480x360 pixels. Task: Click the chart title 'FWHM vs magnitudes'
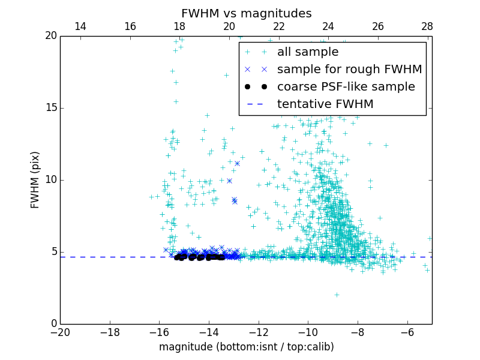246,13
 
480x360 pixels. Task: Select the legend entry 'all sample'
308,52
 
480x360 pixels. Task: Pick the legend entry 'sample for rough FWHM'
349,70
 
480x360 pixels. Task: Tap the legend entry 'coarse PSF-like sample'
346,87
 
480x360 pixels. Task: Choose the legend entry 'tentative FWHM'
325,104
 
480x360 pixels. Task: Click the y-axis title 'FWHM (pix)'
35,180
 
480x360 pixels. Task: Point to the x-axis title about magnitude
246,347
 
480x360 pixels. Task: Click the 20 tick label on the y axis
50,36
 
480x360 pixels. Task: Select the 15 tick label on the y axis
50,108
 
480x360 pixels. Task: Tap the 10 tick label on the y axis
50,180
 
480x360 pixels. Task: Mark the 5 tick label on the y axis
53,252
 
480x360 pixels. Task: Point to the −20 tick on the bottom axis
60,332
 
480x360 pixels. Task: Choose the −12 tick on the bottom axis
259,332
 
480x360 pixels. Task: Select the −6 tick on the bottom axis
407,332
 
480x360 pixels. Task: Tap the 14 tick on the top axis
80,27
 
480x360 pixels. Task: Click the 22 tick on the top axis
278,27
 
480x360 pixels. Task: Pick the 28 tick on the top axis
427,27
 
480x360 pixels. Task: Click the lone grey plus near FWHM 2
337,295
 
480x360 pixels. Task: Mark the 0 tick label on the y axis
53,324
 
